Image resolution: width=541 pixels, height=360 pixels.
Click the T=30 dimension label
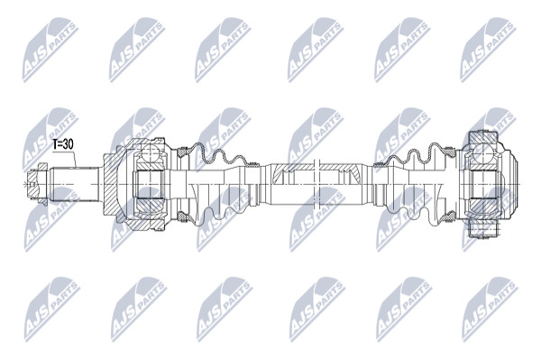[x=63, y=144]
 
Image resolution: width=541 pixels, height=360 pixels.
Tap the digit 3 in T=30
[x=66, y=144]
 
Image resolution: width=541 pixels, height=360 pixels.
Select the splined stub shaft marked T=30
[x=75, y=185]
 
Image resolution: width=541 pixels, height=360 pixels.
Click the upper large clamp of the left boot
[x=182, y=151]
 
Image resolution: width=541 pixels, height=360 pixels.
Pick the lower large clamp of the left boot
[x=182, y=217]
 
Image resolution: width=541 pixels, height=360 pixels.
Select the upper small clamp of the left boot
[x=254, y=164]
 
